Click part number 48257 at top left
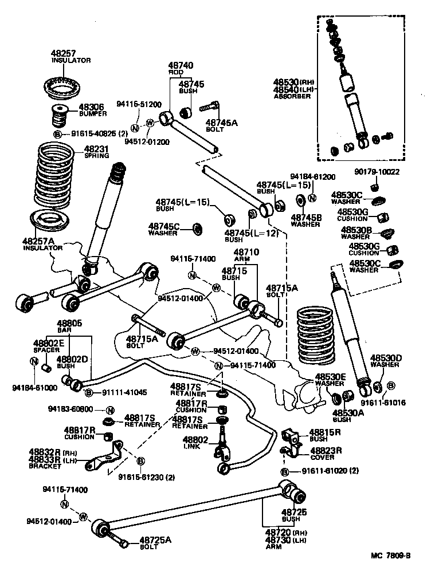[63, 53]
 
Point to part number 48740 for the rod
[181, 66]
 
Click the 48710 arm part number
[246, 252]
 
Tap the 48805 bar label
[69, 324]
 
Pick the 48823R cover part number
[326, 450]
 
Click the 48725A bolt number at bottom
[152, 539]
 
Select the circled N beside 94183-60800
[110, 410]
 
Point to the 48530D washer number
[386, 357]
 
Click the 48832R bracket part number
[44, 452]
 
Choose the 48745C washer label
[164, 226]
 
